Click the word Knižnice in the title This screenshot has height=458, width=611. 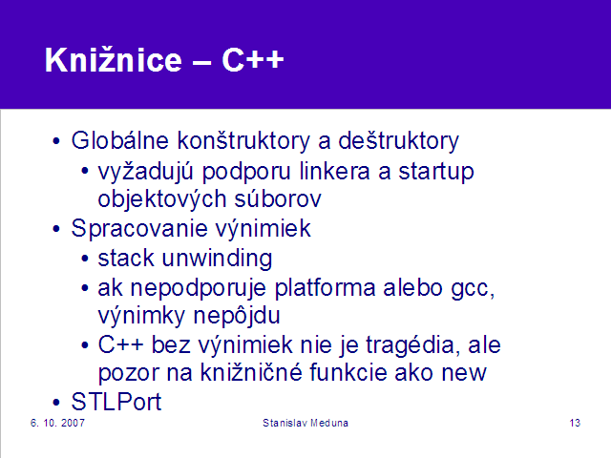[114, 59]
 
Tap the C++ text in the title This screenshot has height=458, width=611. [253, 60]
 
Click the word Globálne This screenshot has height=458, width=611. [120, 140]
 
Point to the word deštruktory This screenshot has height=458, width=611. [399, 141]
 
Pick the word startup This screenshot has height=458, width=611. [436, 172]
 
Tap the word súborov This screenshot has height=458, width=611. [278, 198]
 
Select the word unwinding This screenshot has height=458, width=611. [217, 259]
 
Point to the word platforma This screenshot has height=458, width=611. [325, 288]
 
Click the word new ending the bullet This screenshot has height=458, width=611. [464, 373]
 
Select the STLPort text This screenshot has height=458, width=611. [116, 402]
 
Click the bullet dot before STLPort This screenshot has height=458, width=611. [56, 403]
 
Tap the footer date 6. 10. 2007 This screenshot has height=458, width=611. [57, 423]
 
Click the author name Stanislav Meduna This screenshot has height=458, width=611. [305, 423]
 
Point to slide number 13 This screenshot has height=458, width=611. [575, 423]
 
